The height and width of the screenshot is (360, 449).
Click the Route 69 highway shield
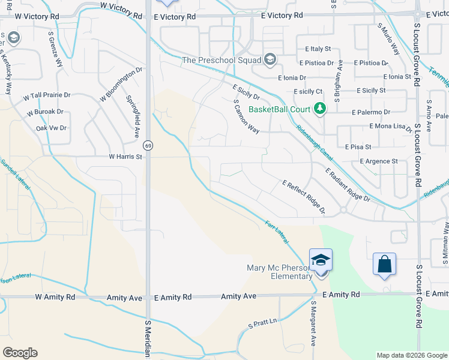coord(147,145)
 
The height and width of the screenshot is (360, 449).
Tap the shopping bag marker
coord(384,264)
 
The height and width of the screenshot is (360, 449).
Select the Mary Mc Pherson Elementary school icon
coord(321,260)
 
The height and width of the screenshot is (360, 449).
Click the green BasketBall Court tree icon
coord(321,109)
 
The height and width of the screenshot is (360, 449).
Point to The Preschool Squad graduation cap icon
coord(270,59)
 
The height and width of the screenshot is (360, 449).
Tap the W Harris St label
coord(125,157)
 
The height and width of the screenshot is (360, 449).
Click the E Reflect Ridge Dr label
coord(303,196)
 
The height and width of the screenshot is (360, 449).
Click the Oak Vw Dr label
coord(51,128)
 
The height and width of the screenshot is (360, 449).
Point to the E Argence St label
coord(379,161)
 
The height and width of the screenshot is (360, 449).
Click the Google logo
coord(20,353)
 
